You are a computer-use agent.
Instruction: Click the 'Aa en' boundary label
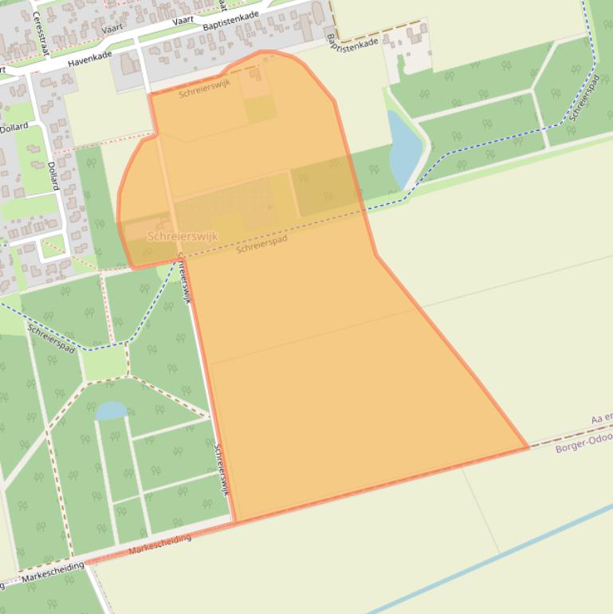pyautogui.click(x=601, y=419)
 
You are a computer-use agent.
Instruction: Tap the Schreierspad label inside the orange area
pyautogui.click(x=261, y=243)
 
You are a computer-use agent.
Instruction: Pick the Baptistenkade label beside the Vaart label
pyautogui.click(x=231, y=22)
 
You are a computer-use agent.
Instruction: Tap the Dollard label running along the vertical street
pyautogui.click(x=53, y=175)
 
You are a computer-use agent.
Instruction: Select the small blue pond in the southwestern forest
pyautogui.click(x=111, y=411)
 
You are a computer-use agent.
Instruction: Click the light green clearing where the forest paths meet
pyautogui.click(x=104, y=364)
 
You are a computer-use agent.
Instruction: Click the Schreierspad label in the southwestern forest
pyautogui.click(x=52, y=338)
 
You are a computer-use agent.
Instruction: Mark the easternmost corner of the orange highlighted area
pyautogui.click(x=528, y=447)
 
